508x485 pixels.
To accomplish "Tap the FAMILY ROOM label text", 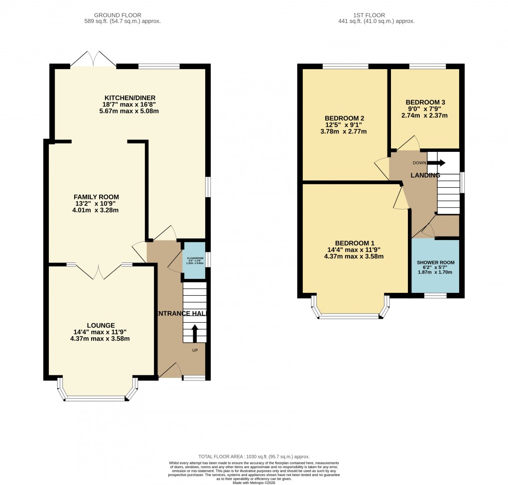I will [96, 197].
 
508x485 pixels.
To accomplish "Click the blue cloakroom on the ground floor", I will [194, 260].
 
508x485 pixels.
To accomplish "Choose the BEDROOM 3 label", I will [425, 102].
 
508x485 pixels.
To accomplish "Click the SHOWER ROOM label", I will [435, 262].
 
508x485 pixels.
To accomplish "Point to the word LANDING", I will [425, 175].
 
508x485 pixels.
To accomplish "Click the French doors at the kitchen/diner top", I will [94, 59].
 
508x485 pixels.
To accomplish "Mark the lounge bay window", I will [96, 397].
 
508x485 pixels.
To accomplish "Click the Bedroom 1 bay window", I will [351, 315].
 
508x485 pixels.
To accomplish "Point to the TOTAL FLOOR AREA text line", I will [254, 457].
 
